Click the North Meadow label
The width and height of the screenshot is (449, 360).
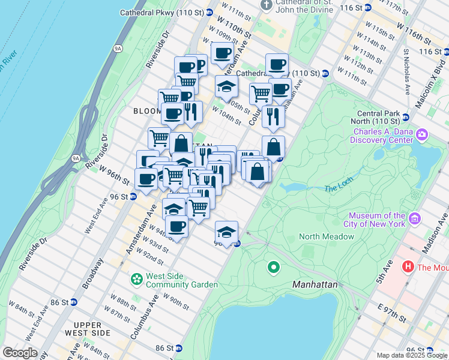coord(326,236)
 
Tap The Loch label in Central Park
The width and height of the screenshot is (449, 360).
coord(335,188)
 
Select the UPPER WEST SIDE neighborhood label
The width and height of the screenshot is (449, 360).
coord(87,329)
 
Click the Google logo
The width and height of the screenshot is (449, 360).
coord(19,353)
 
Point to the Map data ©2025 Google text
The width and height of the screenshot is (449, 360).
coord(412,355)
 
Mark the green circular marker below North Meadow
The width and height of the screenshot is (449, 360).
coord(274,266)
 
